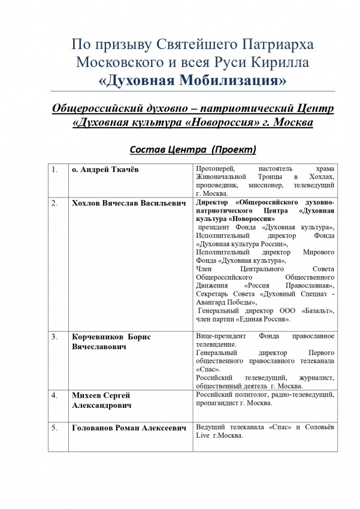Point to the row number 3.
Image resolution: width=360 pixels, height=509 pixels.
pyautogui.click(x=55, y=337)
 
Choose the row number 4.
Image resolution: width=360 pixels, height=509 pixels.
pyautogui.click(x=55, y=396)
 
